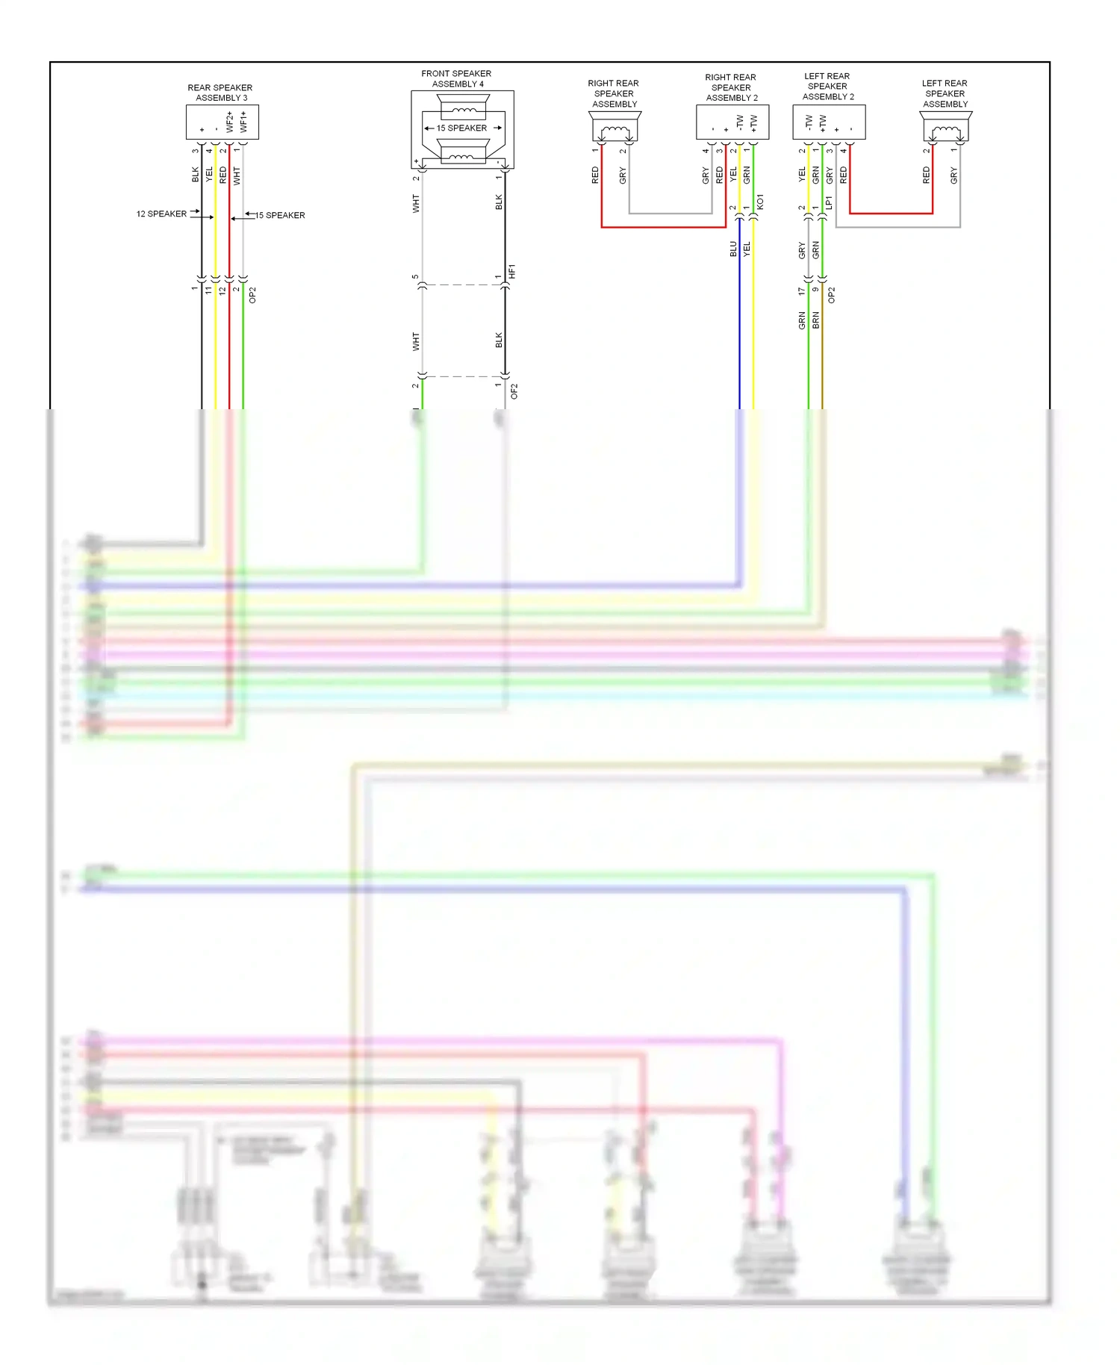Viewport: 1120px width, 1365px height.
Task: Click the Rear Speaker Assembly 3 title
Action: [220, 93]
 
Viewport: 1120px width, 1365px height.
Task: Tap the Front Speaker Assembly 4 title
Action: [456, 78]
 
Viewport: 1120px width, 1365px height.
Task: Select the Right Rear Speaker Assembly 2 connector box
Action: [732, 122]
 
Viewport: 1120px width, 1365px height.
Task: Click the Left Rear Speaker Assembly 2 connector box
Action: [829, 122]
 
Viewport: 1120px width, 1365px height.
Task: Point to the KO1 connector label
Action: [760, 202]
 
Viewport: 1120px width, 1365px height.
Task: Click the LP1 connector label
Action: [829, 202]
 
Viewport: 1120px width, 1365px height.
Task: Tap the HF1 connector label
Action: [512, 272]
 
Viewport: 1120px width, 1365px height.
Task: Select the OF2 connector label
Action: [514, 391]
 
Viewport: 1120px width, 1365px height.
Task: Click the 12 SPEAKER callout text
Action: [161, 214]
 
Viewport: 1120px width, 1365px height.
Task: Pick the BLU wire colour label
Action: [733, 249]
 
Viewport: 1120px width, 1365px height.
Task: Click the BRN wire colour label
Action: [816, 320]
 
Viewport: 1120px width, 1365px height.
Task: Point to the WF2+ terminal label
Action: [230, 122]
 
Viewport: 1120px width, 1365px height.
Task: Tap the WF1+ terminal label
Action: [243, 122]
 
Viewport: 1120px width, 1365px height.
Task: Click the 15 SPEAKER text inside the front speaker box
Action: [461, 128]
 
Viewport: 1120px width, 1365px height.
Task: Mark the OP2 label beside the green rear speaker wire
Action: [252, 295]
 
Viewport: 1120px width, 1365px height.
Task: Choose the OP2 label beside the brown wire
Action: [832, 295]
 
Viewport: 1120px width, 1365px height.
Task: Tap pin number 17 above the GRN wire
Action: [802, 291]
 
